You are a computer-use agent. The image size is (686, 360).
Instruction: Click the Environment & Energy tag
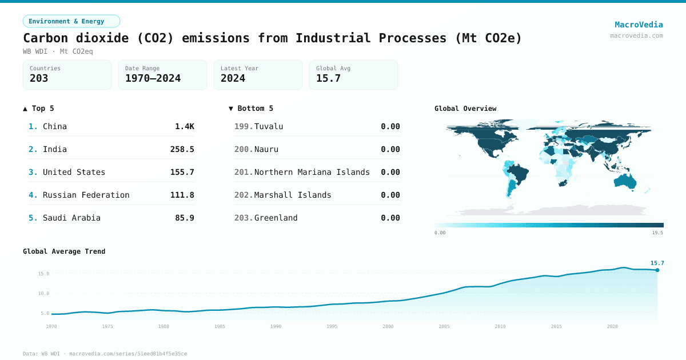pos(71,21)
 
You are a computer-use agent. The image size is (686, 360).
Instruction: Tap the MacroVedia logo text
pos(639,25)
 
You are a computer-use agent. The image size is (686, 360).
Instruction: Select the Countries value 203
pos(39,78)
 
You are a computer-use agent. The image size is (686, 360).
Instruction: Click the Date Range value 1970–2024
pos(153,78)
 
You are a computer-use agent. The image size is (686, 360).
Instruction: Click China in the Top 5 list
pos(55,126)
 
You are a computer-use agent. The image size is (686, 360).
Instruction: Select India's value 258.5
pos(182,149)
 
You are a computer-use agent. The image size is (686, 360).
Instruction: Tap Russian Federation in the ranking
pos(86,195)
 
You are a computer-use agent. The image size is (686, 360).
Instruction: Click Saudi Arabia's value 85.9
pos(184,218)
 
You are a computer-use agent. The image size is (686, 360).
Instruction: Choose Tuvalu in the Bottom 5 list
pos(269,126)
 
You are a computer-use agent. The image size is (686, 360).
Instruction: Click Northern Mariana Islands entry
pos(312,172)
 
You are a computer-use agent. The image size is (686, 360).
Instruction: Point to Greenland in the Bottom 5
pos(276,218)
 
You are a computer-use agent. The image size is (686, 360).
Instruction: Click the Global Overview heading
pos(465,109)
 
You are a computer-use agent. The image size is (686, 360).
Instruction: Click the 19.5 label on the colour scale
pos(657,233)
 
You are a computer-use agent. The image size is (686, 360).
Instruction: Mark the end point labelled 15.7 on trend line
pos(657,270)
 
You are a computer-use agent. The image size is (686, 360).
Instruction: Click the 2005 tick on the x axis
pos(444,326)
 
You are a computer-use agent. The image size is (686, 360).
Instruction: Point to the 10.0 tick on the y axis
pos(43,293)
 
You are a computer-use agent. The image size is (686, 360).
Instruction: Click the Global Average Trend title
pos(64,251)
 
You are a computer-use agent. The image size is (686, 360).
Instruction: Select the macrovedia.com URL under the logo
pos(636,35)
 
